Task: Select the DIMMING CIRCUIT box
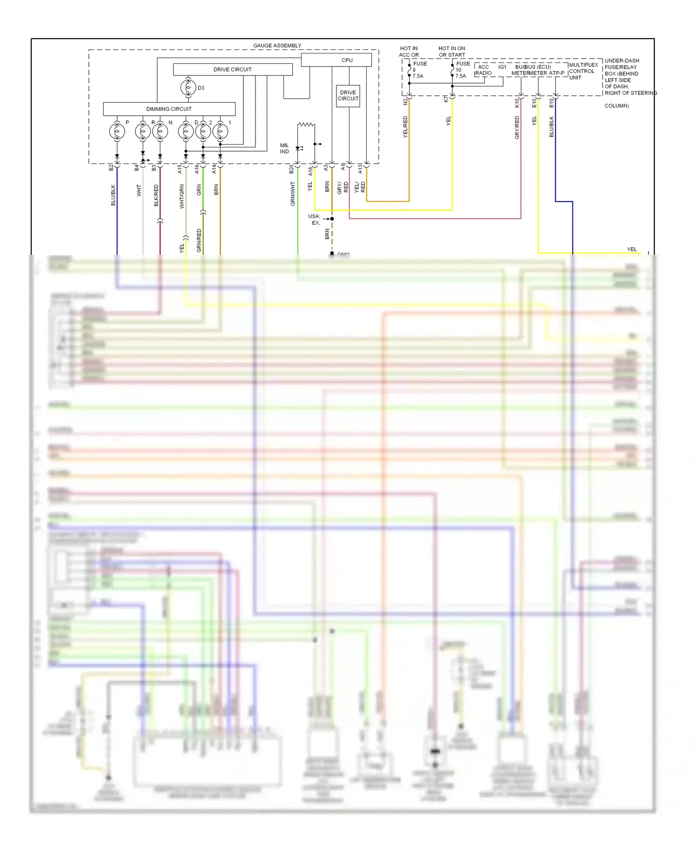tap(169, 109)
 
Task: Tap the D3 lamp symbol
tap(188, 87)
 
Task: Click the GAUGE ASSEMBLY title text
tap(277, 46)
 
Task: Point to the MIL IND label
tap(284, 148)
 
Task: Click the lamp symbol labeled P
tap(117, 132)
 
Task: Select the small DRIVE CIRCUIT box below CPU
tap(348, 96)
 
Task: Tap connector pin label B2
tap(111, 167)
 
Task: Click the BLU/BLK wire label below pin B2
tap(113, 195)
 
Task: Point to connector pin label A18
tap(310, 172)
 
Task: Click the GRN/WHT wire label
tap(293, 194)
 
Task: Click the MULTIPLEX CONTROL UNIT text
tap(583, 71)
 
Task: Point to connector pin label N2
tap(405, 101)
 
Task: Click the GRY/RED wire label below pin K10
tap(517, 127)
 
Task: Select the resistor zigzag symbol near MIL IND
tap(306, 124)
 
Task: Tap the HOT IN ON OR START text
tap(451, 52)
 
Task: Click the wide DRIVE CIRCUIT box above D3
tap(233, 69)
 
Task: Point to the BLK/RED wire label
tap(156, 195)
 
